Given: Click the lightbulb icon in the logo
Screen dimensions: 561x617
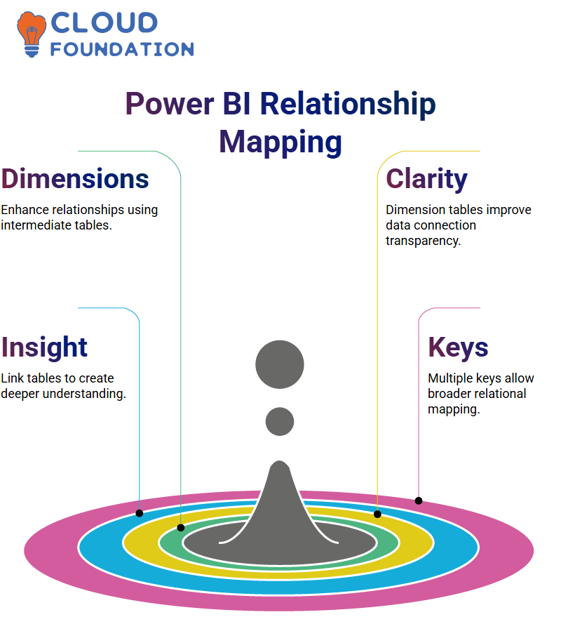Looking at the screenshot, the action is pos(31,34).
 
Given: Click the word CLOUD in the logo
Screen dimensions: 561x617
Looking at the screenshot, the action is pos(104,22).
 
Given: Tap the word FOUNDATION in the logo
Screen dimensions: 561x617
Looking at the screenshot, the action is pos(122,49).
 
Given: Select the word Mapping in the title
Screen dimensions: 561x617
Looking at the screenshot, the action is pos(280,143).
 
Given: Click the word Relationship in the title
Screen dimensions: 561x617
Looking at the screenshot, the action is pos(348,103).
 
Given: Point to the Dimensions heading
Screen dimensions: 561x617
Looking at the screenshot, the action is pos(75,179).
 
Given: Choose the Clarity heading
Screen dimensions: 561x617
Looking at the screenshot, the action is pos(426,180).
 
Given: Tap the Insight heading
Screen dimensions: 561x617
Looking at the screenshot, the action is pos(44,347).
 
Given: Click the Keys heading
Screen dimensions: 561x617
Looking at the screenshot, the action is pos(458,347).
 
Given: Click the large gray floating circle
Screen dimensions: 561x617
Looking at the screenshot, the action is pos(280,364).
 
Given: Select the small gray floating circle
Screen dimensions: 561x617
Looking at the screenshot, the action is pos(280,421).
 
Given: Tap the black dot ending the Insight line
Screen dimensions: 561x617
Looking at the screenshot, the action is pos(139,513).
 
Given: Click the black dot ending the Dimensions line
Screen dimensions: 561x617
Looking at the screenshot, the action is pos(181,528).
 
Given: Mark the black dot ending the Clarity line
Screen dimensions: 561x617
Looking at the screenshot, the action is pos(377,514).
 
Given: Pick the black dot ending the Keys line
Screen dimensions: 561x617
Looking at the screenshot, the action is pos(419,500).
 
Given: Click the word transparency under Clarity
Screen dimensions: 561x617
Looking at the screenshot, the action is pos(423,241).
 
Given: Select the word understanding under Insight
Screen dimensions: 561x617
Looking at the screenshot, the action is pos(84,394).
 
